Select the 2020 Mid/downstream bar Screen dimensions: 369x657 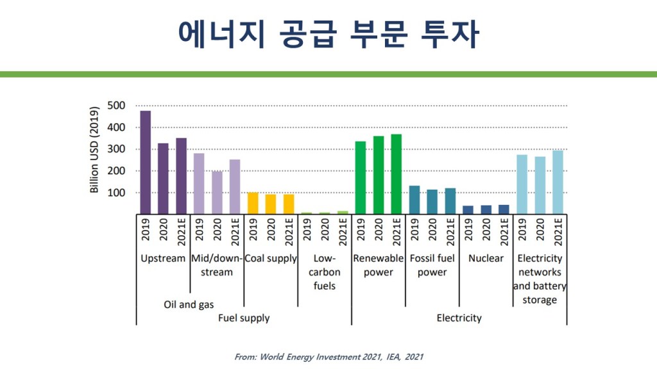[218, 192]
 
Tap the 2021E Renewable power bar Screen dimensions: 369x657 [397, 174]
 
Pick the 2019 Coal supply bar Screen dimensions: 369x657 [253, 203]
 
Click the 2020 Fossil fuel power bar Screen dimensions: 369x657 [432, 202]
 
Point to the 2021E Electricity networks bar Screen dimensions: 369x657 [558, 182]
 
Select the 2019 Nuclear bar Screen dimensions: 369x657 [468, 209]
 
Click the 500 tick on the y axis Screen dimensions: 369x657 [116, 105]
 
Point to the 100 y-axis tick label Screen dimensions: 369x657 [116, 193]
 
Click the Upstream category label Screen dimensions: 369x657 [163, 258]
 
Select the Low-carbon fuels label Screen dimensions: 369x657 [325, 272]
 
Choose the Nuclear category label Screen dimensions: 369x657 [486, 258]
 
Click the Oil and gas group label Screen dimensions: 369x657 [189, 304]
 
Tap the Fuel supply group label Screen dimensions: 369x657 [244, 318]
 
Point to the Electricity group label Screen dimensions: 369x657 [459, 318]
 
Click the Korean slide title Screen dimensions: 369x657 [328, 35]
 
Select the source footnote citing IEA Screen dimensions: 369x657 [328, 356]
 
